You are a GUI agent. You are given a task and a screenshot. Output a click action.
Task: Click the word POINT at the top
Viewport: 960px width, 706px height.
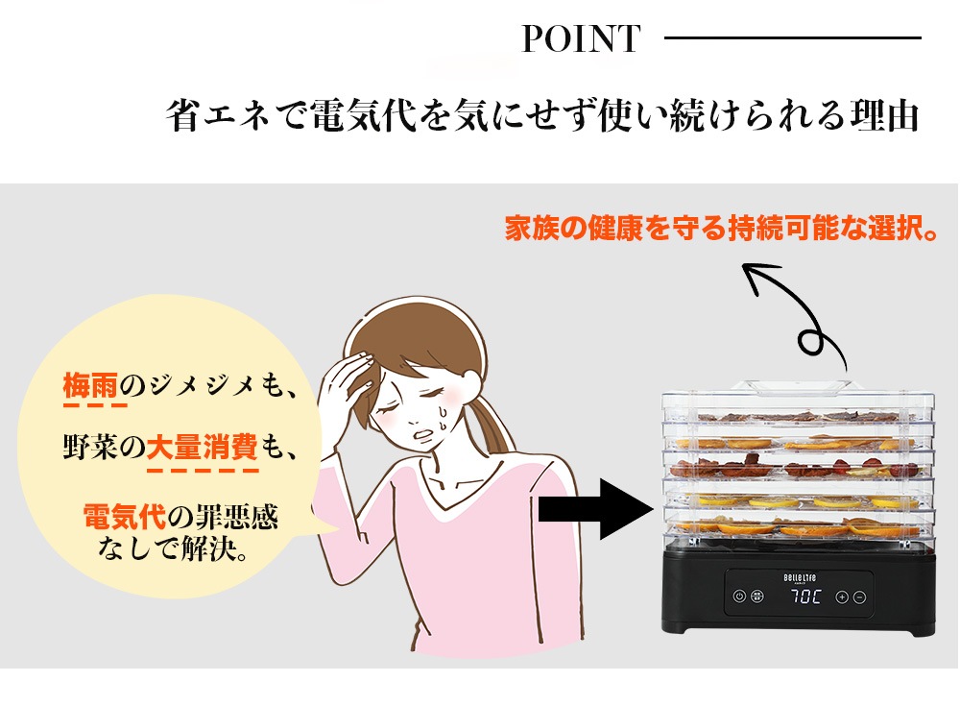581,39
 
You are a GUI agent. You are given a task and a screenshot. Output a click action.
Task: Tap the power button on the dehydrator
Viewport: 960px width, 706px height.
739,596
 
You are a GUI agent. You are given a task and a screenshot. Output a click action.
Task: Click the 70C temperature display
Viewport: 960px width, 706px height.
804,596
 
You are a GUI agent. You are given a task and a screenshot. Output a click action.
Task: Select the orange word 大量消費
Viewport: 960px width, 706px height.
202,447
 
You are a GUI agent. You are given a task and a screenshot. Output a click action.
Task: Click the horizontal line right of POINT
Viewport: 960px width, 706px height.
792,38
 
